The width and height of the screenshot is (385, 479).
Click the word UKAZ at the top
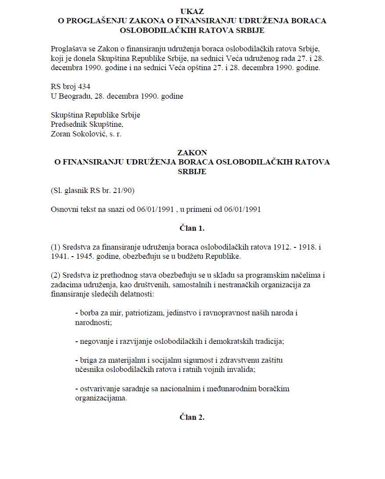coord(192,11)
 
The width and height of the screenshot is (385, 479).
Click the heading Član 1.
coord(192,228)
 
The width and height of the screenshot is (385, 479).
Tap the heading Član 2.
coord(192,417)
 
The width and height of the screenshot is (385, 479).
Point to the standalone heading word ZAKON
coord(192,152)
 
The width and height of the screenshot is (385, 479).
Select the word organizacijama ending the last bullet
coord(101,398)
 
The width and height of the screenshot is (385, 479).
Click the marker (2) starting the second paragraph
coord(55,275)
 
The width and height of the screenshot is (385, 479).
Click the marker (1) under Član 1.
coord(55,247)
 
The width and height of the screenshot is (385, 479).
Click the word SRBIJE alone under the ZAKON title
coord(192,172)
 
